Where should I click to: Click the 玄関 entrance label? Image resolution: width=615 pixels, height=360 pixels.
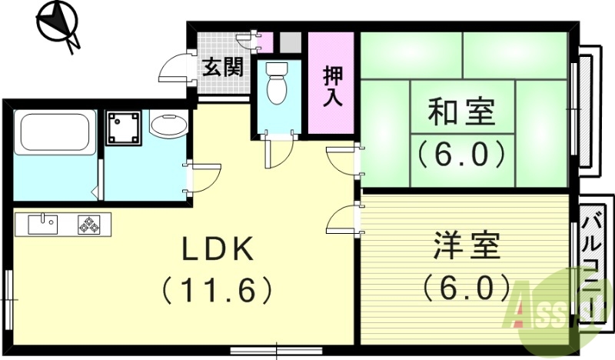tap(223, 67)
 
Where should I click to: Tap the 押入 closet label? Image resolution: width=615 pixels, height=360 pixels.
tap(332, 85)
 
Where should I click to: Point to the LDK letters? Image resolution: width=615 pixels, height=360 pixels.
tap(218, 251)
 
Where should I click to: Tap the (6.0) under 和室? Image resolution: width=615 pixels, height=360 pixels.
tap(461, 153)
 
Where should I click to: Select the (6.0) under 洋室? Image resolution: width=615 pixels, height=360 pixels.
tap(466, 288)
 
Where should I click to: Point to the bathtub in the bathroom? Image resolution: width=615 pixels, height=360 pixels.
tap(55, 132)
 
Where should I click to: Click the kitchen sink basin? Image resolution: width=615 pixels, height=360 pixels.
tap(42, 224)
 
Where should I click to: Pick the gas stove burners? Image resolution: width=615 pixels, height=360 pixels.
tap(89, 225)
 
